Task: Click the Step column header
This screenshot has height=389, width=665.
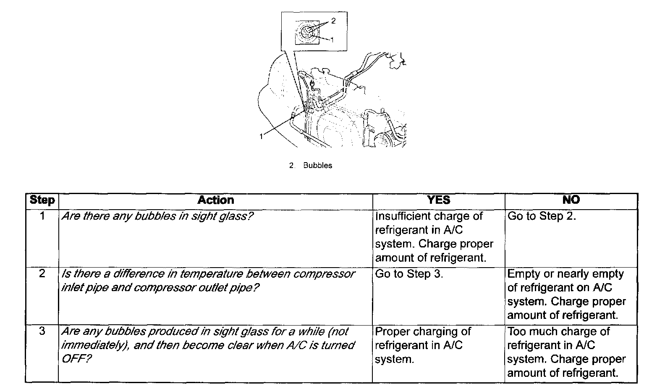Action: click(42, 200)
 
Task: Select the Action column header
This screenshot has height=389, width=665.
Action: click(215, 200)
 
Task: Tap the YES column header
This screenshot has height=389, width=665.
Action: click(438, 200)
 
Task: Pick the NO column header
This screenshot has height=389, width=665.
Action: click(571, 200)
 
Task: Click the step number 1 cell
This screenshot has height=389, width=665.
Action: click(42, 216)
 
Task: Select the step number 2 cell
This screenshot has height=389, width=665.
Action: click(42, 274)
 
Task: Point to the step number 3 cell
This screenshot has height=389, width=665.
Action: click(42, 331)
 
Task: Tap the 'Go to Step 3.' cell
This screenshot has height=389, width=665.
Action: click(409, 274)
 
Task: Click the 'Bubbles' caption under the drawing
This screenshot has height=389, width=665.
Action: click(317, 166)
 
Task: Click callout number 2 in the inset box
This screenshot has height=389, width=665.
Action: click(333, 20)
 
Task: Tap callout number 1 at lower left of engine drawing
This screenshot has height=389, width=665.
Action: click(261, 136)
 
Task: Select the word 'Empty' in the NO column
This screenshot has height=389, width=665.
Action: click(523, 274)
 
